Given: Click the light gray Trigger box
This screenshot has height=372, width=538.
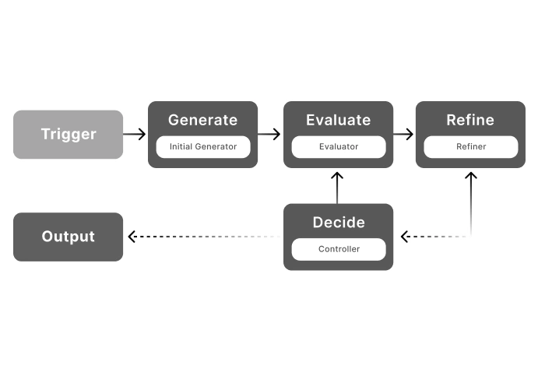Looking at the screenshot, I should tap(69, 134).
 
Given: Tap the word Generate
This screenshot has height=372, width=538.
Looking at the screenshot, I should tap(202, 120).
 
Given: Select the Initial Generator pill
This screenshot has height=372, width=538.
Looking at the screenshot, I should tap(202, 146).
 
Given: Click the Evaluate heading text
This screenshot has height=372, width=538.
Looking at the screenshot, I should tap(338, 120).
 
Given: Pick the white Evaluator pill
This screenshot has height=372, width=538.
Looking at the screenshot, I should tap(338, 146).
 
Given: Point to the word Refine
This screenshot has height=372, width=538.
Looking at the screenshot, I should tap(470, 120).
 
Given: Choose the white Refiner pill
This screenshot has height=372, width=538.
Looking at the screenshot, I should tap(470, 146).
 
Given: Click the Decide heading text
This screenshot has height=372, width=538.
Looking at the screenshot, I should tap(338, 223).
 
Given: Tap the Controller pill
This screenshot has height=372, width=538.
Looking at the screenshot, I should tap(338, 249).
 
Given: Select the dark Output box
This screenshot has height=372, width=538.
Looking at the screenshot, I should tap(69, 237).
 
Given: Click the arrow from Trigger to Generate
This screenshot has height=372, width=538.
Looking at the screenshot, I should tap(135, 134).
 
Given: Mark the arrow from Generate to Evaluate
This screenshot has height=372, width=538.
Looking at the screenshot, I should tap(269, 134).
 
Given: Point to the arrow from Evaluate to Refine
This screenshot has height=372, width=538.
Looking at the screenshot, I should tap(403, 134).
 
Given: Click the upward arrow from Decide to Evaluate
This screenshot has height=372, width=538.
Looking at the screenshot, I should tap(337, 187).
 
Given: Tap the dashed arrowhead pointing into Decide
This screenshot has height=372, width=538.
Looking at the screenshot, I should tap(405, 237).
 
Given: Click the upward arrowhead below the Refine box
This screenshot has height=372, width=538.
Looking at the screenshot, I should tap(470, 177).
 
